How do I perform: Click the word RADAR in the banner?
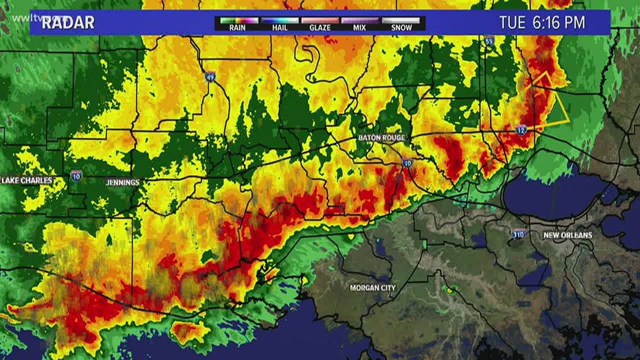tap(68, 23)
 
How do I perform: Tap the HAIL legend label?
tap(278, 27)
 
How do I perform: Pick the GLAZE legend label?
tap(320, 27)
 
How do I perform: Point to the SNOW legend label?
tap(401, 27)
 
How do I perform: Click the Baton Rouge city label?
tap(382, 138)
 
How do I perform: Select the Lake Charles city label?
tap(27, 180)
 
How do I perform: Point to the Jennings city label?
tap(122, 183)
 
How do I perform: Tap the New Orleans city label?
tap(568, 235)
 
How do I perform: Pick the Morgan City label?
tap(373, 288)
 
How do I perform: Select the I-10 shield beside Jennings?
tap(76, 175)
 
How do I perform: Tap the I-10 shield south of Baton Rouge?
tap(407, 163)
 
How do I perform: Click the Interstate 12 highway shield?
tap(522, 130)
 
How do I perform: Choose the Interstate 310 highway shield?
tap(519, 233)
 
